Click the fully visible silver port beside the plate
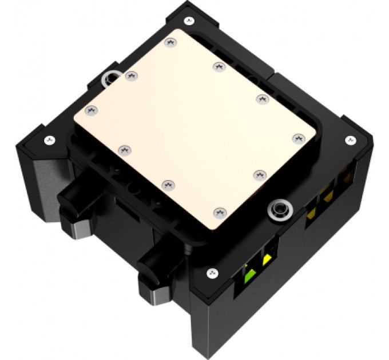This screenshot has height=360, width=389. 280,209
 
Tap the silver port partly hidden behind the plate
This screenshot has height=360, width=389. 109,79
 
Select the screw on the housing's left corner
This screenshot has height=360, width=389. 50,138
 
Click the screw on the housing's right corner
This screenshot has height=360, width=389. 349,139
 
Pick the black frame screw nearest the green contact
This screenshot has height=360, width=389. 212,272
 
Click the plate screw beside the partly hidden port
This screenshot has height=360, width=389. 130,74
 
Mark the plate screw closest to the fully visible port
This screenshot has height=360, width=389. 259,173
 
